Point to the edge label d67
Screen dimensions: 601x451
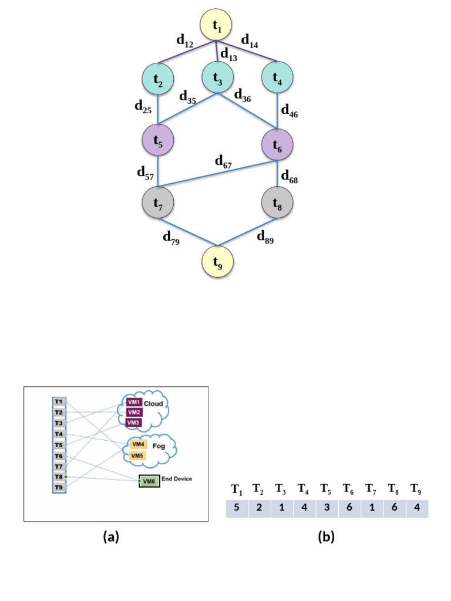pos(223,162)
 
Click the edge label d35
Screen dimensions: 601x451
pos(189,96)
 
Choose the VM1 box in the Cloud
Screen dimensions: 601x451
pos(134,403)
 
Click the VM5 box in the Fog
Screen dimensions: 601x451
pos(137,455)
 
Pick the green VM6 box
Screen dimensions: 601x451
pos(149,481)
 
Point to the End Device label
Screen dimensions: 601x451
pos(176,479)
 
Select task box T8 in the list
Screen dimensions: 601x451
pos(59,477)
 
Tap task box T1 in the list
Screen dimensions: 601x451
pos(59,401)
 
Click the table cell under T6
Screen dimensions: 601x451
pos(349,508)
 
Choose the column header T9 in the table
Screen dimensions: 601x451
pos(416,488)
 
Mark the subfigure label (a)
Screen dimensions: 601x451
pos(110,536)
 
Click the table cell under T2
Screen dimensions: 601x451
pos(259,508)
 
